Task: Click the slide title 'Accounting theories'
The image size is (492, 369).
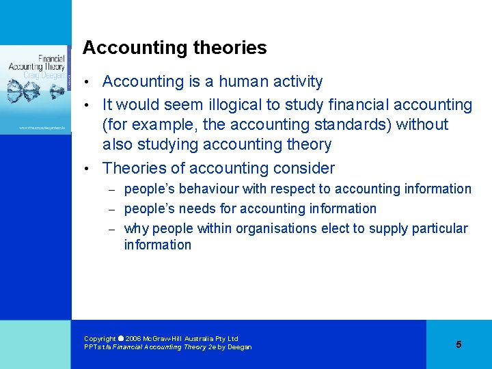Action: click(174, 48)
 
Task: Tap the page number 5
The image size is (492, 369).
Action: click(459, 344)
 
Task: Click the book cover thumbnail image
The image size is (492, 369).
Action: click(36, 89)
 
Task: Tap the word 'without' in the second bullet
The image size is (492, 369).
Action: click(423, 125)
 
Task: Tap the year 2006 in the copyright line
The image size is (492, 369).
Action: click(135, 338)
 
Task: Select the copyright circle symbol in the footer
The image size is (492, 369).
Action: click(121, 338)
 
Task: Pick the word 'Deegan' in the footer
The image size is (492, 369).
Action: click(239, 347)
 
